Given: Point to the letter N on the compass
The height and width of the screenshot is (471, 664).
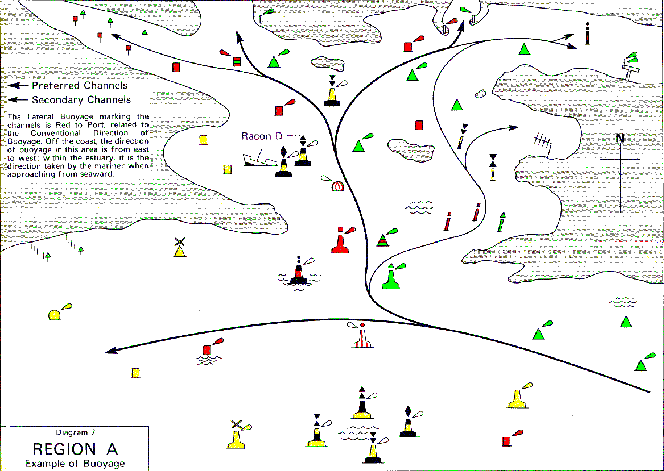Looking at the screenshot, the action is coord(620,138).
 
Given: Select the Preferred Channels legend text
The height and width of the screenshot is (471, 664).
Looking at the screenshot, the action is coord(80,86).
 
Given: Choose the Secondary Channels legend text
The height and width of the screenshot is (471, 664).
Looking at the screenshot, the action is coord(81,100).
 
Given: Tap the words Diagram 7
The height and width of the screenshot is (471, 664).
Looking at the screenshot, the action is coord(76,432).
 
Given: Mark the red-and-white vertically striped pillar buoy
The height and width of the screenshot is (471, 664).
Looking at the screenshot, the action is coord(362,336).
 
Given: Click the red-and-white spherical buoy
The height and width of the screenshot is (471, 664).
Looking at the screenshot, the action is coord(337,186).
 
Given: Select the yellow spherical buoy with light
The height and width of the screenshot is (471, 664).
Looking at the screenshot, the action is coord(55,315).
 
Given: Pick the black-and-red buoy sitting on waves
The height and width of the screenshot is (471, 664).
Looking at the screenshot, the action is coord(299,273).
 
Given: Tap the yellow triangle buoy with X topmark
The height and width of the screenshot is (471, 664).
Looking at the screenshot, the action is coord(180,247).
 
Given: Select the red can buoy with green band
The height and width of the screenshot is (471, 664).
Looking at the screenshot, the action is coord(237,61).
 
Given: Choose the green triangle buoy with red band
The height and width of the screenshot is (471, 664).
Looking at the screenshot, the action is coord(383,240).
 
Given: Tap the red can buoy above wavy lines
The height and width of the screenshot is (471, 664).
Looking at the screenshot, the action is coord(207,350).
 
